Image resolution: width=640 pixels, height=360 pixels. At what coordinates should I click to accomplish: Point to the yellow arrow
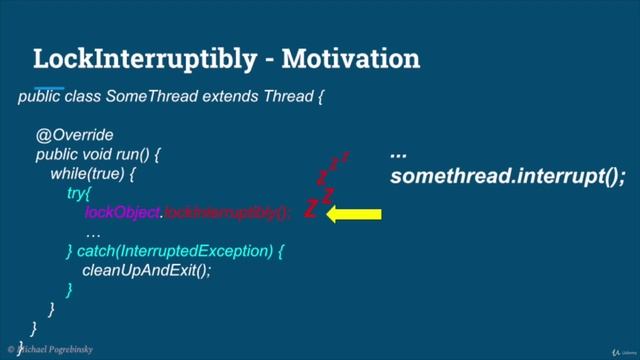coord(353,212)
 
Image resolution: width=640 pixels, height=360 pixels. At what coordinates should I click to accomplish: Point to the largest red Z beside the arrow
coord(312,211)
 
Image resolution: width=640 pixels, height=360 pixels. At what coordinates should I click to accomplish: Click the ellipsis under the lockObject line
coord(93,231)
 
